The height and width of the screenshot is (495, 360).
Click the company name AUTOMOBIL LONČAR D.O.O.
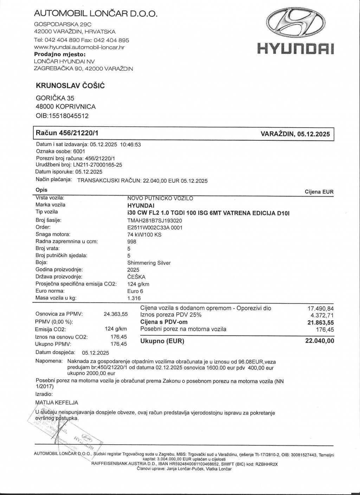(95, 14)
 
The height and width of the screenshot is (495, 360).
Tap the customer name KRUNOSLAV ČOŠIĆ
(70, 85)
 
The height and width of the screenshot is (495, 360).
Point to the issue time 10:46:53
(130, 144)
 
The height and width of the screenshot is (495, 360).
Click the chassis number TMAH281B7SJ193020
(154, 220)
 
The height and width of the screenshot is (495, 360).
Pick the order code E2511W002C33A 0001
(155, 227)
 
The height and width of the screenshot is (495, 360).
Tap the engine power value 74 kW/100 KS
(144, 234)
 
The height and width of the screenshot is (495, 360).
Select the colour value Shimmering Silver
(149, 263)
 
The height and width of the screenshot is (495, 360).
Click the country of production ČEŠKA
(136, 277)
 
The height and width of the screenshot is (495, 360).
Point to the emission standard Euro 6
(135, 291)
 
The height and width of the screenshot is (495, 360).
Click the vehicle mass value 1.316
(134, 298)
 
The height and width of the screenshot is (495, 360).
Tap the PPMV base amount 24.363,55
(115, 314)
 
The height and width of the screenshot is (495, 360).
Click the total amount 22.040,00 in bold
(320, 341)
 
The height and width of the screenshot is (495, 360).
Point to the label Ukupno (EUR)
(162, 341)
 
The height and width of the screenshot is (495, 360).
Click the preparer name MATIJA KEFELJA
(57, 403)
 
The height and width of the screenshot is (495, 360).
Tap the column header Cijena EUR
(319, 192)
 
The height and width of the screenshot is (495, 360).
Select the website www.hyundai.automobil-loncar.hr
(79, 47)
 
